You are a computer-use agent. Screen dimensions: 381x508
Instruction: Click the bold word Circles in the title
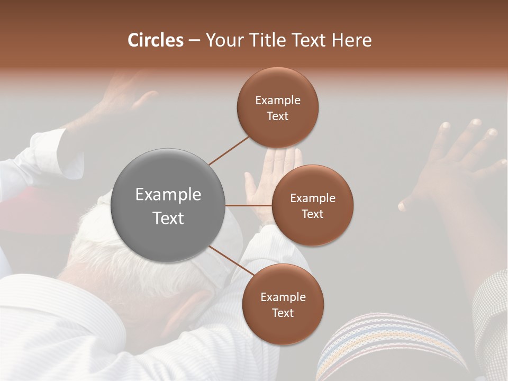pos(155,40)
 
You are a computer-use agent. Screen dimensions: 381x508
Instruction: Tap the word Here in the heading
pos(351,40)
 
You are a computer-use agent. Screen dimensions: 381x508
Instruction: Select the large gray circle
pos(168,205)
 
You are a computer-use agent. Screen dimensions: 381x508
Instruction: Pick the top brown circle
pos(277,107)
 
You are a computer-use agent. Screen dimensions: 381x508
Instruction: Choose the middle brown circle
pos(312,205)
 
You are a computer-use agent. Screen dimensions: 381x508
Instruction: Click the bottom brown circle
pos(283,304)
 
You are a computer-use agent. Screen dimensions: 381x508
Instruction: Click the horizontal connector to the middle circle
pos(249,205)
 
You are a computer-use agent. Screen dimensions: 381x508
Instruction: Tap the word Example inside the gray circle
pos(168,195)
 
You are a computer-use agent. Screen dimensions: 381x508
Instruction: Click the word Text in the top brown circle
pos(277,116)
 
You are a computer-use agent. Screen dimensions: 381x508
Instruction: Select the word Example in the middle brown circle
pos(312,198)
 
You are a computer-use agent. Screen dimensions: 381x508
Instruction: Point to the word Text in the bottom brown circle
pos(283,313)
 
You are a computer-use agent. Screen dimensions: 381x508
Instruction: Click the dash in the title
pos(194,40)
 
